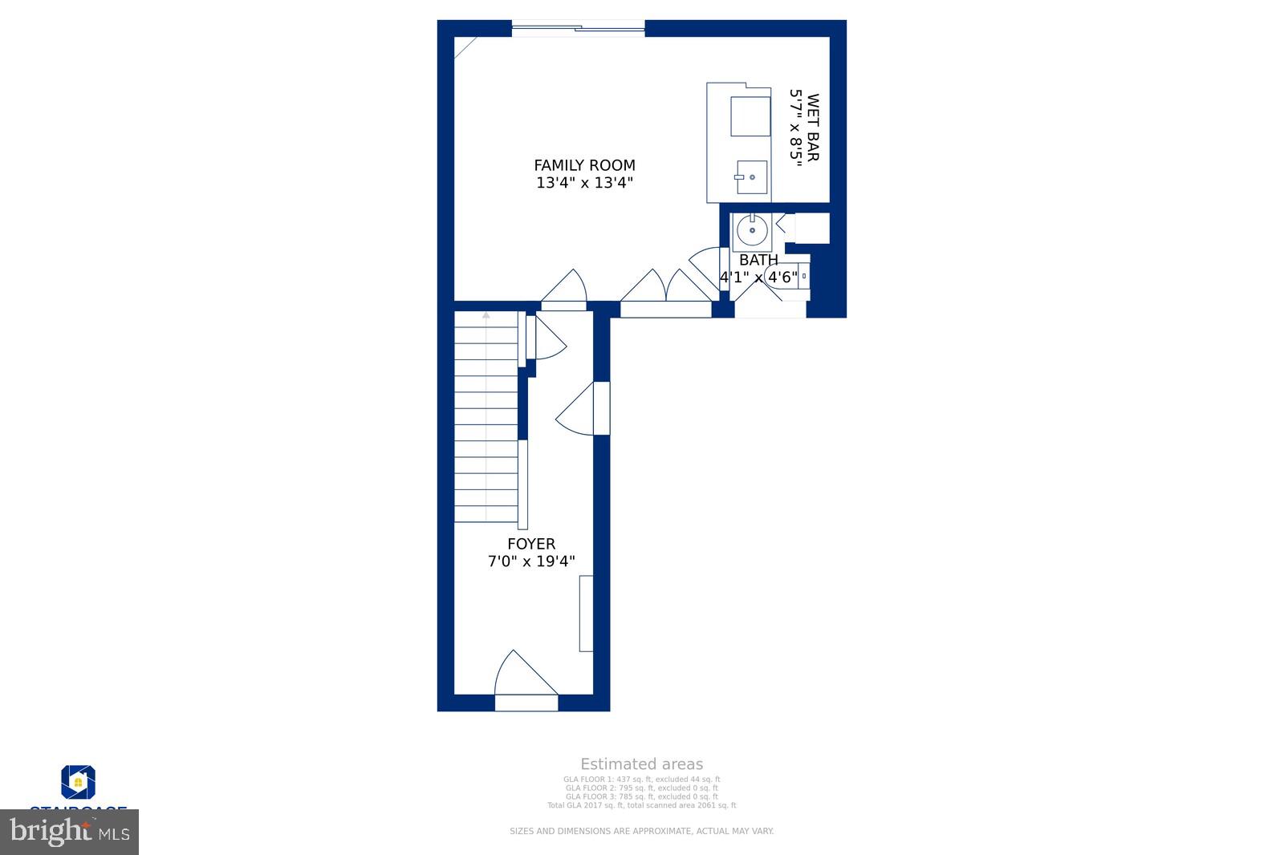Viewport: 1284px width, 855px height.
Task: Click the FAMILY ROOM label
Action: tap(584, 165)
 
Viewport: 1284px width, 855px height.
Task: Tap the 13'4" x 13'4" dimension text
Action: tap(584, 183)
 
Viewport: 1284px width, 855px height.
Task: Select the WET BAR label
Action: tap(813, 128)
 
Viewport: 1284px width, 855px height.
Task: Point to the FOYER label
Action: tap(531, 544)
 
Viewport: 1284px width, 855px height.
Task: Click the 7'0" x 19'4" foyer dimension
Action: tap(531, 561)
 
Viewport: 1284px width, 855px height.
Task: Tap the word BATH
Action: tap(758, 260)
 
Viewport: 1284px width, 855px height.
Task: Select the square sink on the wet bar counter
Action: tap(752, 177)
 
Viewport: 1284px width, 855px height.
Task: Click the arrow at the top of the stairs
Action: tap(486, 316)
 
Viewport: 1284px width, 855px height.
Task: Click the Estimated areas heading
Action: tap(641, 764)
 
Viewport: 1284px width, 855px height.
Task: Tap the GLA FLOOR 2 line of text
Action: tap(641, 788)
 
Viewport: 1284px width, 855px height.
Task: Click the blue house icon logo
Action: tap(79, 782)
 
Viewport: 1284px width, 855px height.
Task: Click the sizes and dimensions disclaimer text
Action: tap(641, 831)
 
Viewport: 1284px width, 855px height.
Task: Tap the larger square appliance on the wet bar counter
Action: tap(750, 116)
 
